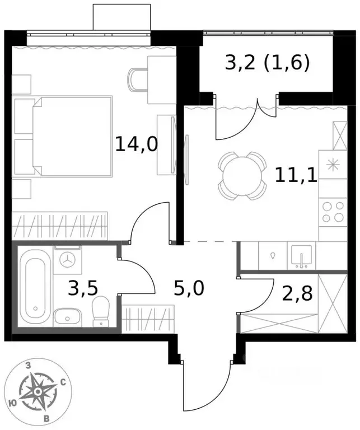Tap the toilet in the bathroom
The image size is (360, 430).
pos(101,310)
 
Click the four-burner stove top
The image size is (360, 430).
pos(333,212)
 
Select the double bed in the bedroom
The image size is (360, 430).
pos(73,134)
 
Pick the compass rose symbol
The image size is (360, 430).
pos(38,390)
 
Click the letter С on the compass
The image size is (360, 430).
pos(63,382)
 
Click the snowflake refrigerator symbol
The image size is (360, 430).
pos(333,165)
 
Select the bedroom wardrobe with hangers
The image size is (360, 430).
pos(59,226)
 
